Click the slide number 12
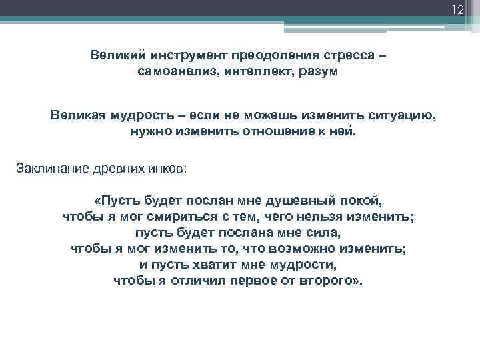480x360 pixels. coord(457,10)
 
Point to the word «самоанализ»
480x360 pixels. coord(172,72)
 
